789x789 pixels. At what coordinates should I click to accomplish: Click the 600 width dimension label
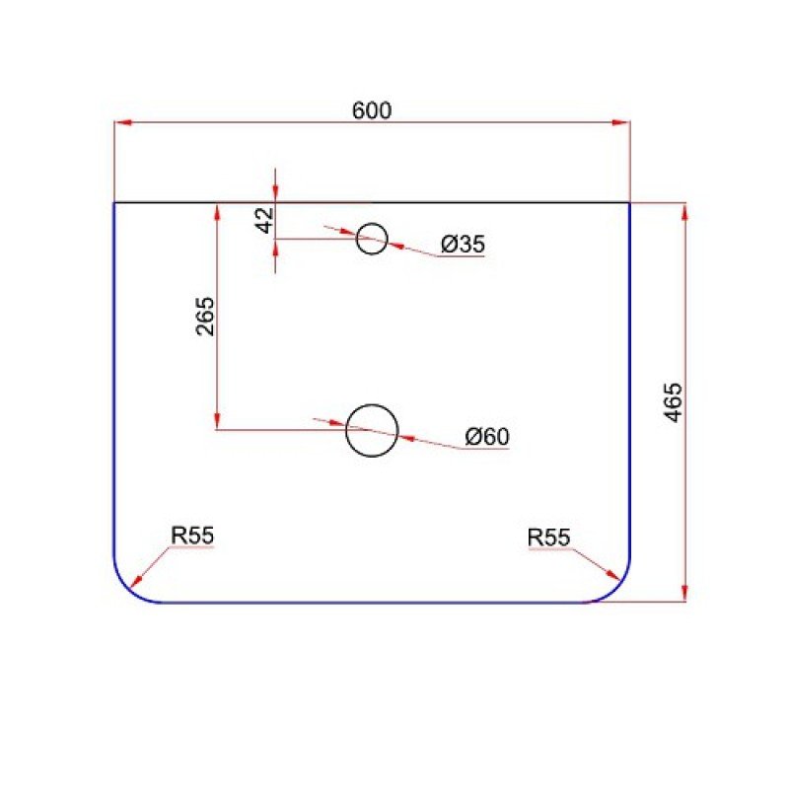coord(372,110)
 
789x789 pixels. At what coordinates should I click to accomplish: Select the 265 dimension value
coord(205,317)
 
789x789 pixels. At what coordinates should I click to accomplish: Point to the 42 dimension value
coord(265,220)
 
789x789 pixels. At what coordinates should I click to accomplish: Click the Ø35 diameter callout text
coord(463,244)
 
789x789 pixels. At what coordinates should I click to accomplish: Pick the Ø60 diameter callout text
coord(487,436)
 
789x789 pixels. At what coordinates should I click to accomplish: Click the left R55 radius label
coord(192,536)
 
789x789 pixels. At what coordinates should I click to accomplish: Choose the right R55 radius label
coord(548,538)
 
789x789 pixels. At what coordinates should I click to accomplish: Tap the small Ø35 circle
coord(372,224)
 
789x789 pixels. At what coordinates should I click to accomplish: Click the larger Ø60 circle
coord(372,405)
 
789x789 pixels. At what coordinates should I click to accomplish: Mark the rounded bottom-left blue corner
coord(126,589)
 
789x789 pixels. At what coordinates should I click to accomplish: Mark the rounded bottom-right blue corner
coord(618,589)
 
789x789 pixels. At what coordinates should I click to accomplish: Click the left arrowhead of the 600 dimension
coord(122,122)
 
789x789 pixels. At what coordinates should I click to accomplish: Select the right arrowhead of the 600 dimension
coord(621,122)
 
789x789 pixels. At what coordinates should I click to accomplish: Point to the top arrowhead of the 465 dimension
coord(684,211)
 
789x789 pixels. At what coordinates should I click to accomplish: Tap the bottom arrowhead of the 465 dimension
coord(684,593)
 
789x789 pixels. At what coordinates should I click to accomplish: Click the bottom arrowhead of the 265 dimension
coord(217,421)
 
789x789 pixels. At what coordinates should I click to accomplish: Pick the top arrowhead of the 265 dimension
coord(217,212)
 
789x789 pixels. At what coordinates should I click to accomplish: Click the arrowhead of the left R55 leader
coord(135,581)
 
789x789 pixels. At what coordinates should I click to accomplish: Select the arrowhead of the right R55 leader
coord(611,575)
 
